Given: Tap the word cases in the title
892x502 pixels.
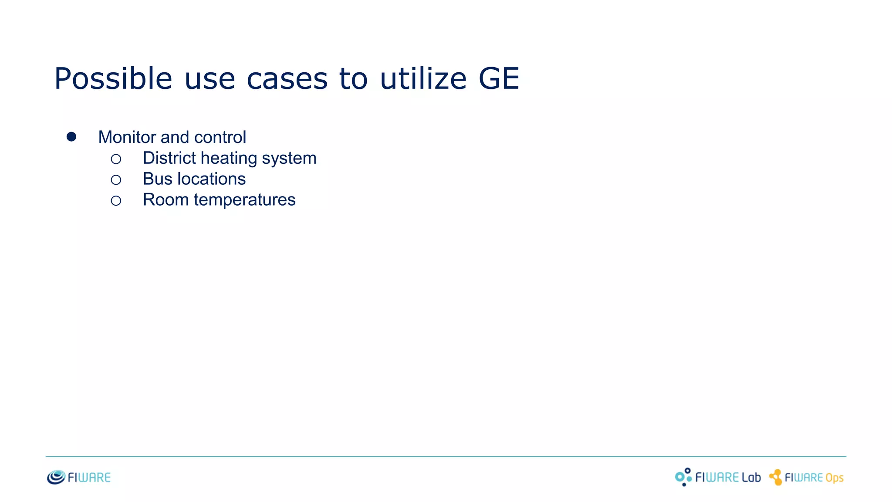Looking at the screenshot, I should point(287,79).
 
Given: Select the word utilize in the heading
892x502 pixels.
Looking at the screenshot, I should point(423,79).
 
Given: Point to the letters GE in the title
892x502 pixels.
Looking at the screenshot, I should point(499,79).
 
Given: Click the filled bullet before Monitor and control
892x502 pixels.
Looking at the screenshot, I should point(71,137).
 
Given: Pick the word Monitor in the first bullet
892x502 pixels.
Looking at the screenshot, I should point(127,137).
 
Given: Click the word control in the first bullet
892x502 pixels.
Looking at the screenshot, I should point(220,137).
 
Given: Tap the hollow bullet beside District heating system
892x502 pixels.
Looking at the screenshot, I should point(116,159).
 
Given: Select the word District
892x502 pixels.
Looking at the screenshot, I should point(169,158).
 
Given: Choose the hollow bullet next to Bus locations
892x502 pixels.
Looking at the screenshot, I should point(116,180).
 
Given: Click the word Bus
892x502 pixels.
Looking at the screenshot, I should point(158,179).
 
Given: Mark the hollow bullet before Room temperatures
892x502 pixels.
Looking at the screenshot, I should point(116,200).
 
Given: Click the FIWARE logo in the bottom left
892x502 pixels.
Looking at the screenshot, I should point(79,477).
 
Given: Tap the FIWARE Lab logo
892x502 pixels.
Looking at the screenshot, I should point(718,477).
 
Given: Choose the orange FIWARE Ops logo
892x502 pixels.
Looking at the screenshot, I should point(807,478).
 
